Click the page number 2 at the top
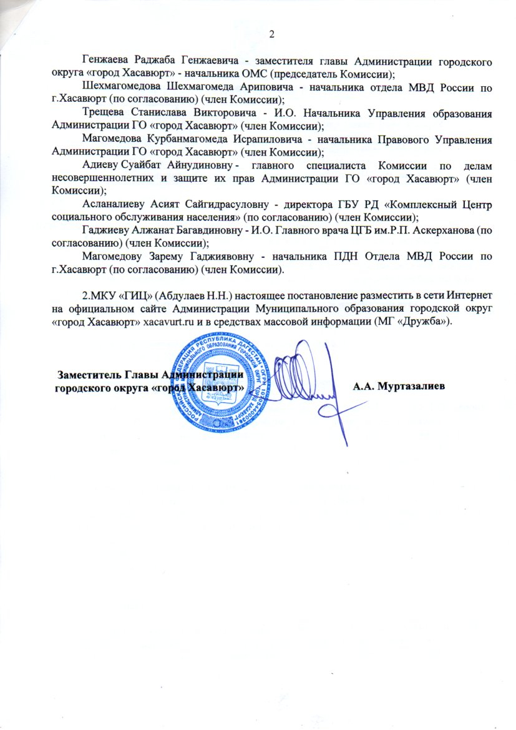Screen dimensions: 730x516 coord(271,34)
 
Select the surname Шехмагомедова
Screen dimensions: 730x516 coord(121,87)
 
